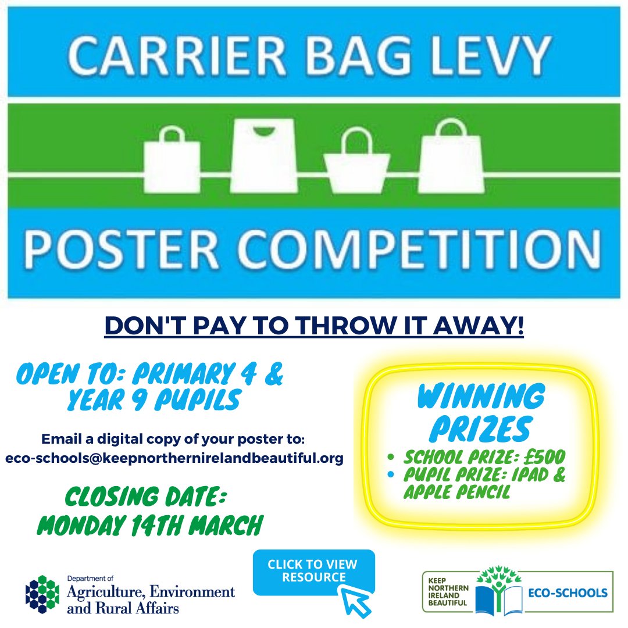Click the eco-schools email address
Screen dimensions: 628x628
tap(174, 458)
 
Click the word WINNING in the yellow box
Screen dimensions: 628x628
tap(480, 398)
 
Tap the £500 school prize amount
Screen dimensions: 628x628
tap(546, 456)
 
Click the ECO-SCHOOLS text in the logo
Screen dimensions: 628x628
tap(569, 593)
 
